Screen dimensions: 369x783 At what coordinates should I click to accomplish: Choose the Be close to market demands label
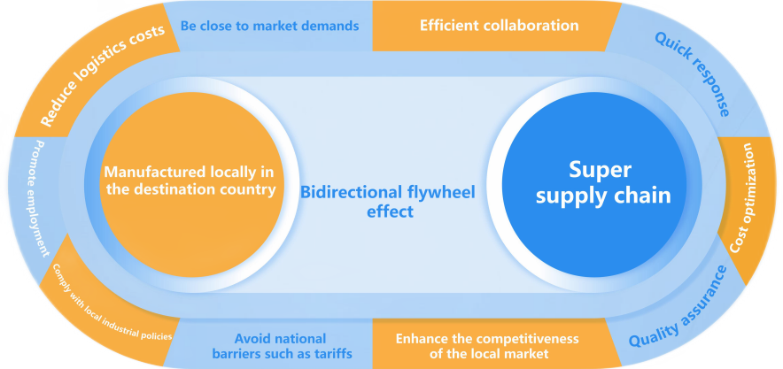(x=269, y=26)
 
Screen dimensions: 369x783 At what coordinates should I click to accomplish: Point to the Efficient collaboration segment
(x=499, y=26)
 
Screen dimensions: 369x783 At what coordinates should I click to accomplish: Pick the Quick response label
(x=692, y=74)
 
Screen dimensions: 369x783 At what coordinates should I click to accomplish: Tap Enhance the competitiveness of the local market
(x=486, y=346)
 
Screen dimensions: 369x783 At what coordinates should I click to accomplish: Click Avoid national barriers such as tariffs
(x=280, y=346)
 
